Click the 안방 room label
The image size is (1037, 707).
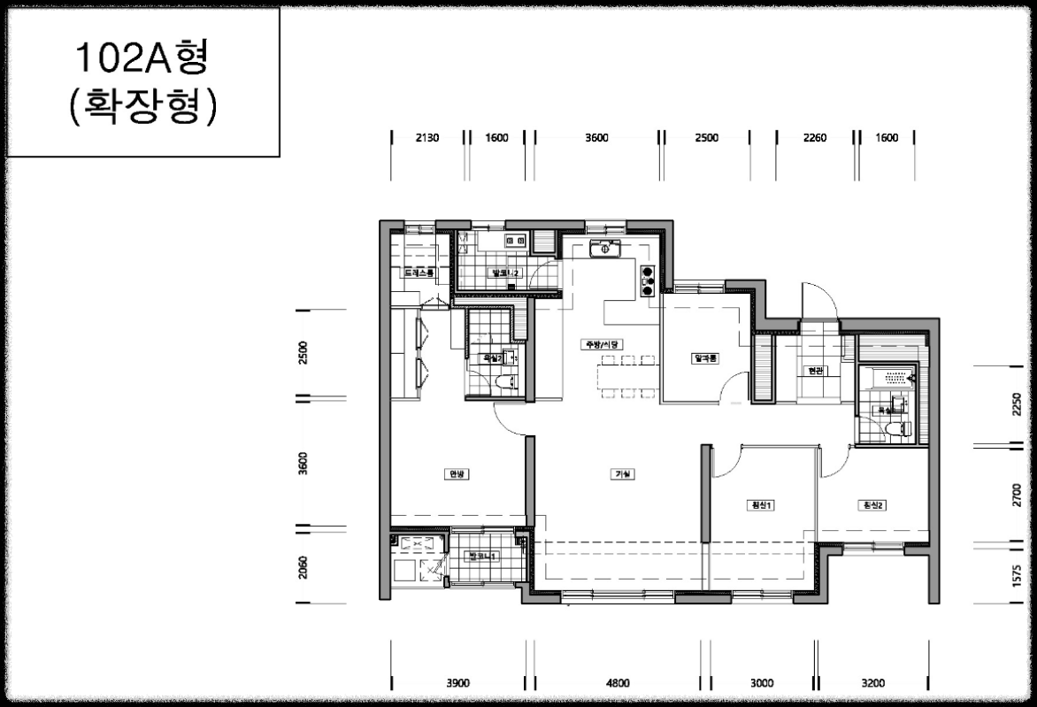[456, 474]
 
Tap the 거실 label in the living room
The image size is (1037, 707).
[622, 474]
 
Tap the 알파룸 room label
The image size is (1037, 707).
[708, 358]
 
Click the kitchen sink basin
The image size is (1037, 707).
[606, 249]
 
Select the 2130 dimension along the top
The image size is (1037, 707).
[427, 138]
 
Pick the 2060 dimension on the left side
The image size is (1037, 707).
[303, 565]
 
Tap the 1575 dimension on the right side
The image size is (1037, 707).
[1015, 575]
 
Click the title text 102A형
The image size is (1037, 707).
[142, 58]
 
